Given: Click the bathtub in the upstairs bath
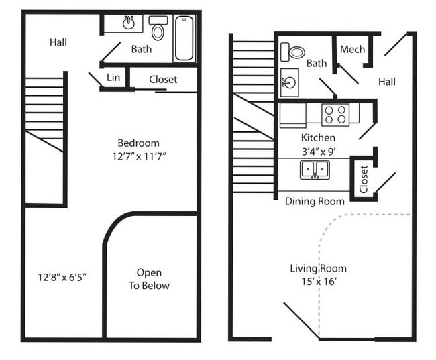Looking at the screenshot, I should click(x=184, y=38).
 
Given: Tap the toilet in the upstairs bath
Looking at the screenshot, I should click(x=158, y=28).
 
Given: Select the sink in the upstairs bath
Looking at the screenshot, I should click(x=128, y=23).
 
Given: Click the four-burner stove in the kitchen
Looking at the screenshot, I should click(x=335, y=115).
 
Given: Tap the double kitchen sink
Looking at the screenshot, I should click(x=314, y=169).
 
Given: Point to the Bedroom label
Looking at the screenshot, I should click(x=138, y=143).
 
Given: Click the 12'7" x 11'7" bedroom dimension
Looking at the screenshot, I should click(x=138, y=156).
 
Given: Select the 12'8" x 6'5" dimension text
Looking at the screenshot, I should click(x=63, y=276).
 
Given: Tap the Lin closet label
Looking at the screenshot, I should click(x=113, y=78).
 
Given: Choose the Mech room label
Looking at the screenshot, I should click(x=352, y=49).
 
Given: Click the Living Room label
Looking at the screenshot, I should click(x=318, y=268).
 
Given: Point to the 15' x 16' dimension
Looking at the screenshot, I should click(x=318, y=282).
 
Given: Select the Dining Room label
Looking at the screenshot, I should click(x=315, y=201).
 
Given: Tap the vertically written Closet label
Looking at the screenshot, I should click(x=364, y=179).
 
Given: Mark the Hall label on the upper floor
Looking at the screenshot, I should click(x=58, y=42).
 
